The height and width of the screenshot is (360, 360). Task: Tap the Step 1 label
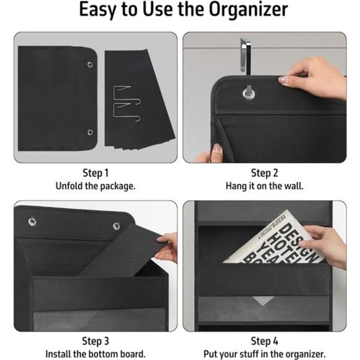click(96, 173)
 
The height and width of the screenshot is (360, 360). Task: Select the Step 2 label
click(264, 173)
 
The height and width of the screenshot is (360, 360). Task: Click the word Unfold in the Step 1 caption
click(71, 186)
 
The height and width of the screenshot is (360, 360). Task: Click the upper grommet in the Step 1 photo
click(91, 65)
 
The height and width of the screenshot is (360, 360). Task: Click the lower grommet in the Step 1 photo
click(91, 132)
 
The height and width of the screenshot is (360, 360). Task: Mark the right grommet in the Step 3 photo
click(116, 226)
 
